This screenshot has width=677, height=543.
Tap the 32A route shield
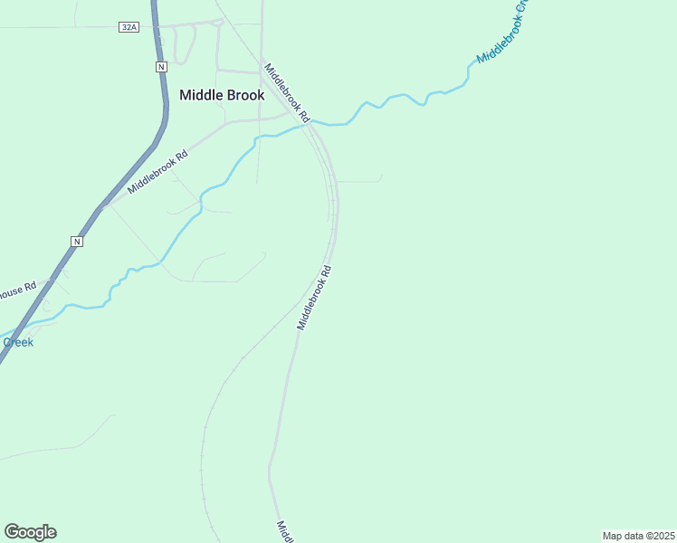click(129, 27)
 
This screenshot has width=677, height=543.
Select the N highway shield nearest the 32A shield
click(161, 67)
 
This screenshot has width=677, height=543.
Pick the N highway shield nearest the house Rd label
click(77, 241)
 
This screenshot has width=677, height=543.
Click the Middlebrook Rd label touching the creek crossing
click(287, 92)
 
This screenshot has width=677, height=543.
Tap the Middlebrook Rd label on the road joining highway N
click(157, 171)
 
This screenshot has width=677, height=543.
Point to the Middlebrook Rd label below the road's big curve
click(314, 298)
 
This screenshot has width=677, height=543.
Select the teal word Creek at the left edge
click(17, 342)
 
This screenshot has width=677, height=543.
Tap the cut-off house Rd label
click(17, 291)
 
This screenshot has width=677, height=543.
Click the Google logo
click(30, 532)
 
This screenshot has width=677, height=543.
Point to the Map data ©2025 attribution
click(639, 536)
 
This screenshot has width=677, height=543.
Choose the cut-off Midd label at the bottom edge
click(283, 530)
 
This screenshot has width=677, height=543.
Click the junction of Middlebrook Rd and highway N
click(102, 206)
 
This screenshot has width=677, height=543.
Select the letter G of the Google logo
click(12, 531)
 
